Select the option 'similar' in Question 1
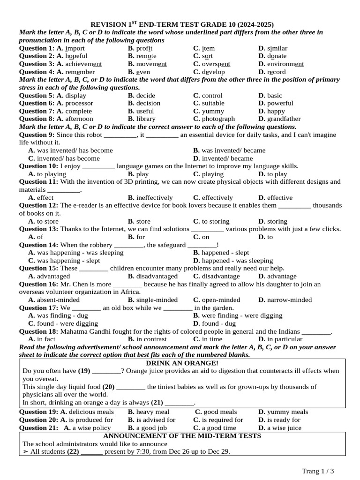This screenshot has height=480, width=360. [x=277, y=48]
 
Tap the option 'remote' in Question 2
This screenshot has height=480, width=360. [x=147, y=56]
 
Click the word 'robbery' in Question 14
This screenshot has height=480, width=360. [x=101, y=245]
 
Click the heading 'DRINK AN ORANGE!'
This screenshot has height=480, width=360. [x=182, y=363]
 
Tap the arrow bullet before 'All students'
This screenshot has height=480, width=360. [x=25, y=452]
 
